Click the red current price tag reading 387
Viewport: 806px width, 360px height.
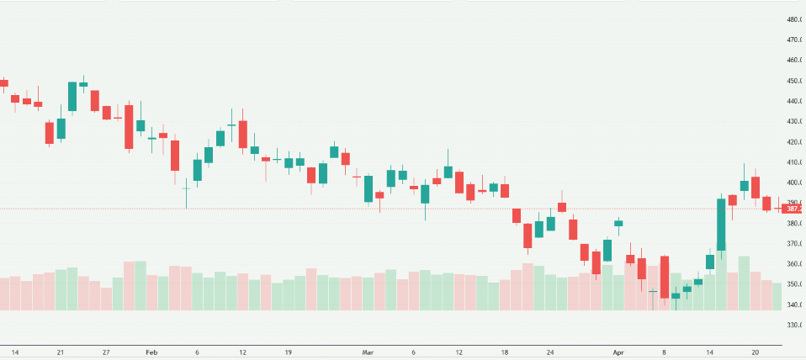click(x=793, y=209)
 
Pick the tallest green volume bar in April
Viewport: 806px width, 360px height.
click(x=744, y=283)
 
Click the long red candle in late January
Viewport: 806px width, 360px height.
click(x=129, y=127)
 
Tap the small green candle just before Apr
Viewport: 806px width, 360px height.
click(x=618, y=223)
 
